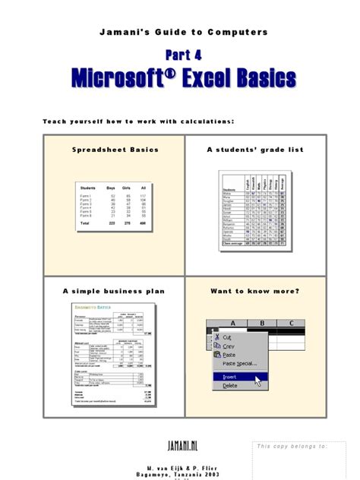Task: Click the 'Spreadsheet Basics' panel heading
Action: [x=113, y=150]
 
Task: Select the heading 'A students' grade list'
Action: [x=255, y=150]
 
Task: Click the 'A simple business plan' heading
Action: [x=113, y=291]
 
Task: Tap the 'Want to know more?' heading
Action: [x=255, y=291]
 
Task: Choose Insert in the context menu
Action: [x=231, y=375]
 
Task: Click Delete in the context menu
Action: [x=230, y=386]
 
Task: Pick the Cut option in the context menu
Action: [x=228, y=336]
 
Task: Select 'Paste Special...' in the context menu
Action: [x=241, y=364]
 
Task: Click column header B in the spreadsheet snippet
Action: [x=261, y=322]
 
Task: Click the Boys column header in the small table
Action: [x=111, y=188]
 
